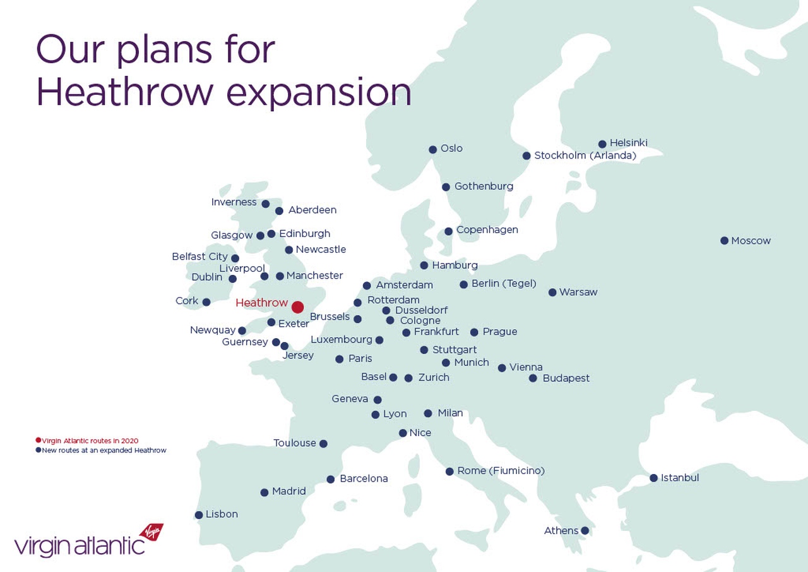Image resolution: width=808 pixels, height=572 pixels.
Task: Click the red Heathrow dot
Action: pos(297,307)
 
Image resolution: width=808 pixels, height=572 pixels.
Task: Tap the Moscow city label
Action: pos(751,241)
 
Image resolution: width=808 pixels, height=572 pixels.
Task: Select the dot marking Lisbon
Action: pos(199,515)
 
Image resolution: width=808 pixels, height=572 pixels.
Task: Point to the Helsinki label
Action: pos(629,143)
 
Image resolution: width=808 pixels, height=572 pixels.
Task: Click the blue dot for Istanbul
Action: pos(653,478)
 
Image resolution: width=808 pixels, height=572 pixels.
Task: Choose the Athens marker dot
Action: pos(585,530)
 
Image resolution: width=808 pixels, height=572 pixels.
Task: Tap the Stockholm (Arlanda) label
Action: pos(585,155)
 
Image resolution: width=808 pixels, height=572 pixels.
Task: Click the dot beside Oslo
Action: pos(433,150)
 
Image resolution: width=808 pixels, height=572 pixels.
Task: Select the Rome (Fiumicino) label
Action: pos(501,471)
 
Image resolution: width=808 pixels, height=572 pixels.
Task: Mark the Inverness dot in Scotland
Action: pos(266,204)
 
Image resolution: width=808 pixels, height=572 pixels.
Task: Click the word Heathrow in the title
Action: pos(125,92)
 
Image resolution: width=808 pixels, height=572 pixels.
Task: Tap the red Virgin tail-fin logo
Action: pos(151,532)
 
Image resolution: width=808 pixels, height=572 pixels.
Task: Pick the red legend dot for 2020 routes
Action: pos(39,440)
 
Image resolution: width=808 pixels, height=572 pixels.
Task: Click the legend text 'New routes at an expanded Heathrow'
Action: pos(104,450)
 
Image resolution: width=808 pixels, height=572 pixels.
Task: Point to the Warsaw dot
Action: pos(552,293)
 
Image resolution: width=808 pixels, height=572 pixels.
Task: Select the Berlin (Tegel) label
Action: pos(504,284)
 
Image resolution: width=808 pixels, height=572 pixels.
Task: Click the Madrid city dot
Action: pos(264,492)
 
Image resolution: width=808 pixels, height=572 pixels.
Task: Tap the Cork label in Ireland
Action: pos(187,301)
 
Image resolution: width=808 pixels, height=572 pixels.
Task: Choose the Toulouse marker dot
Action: pos(324,444)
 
